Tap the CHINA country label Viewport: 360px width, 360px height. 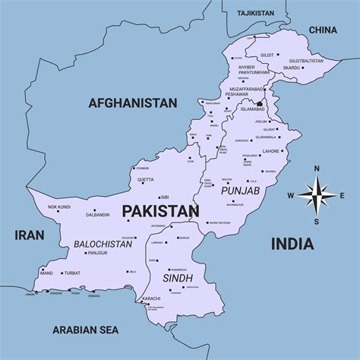coord(323,30)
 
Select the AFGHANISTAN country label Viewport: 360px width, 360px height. coord(132,103)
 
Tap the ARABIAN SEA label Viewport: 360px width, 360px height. coord(86,329)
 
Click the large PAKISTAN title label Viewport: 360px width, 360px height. coord(160,210)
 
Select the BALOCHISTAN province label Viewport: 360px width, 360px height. coord(104,245)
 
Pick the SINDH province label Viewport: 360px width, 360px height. coord(177,278)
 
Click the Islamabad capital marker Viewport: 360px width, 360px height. coord(260,103)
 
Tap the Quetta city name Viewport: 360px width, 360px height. coord(145,180)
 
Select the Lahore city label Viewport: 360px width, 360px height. coord(271,151)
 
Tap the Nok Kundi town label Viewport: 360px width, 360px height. coord(58,207)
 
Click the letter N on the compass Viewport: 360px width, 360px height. coord(317,169)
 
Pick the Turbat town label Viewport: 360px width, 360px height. coord(72,273)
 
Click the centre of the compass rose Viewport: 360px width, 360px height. coord(317,195)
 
